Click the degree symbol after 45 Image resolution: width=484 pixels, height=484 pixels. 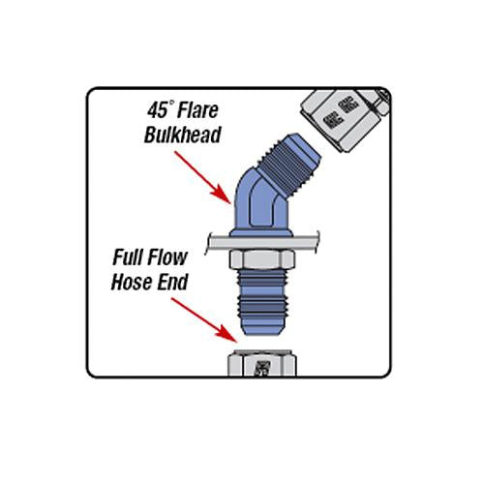click(x=168, y=105)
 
